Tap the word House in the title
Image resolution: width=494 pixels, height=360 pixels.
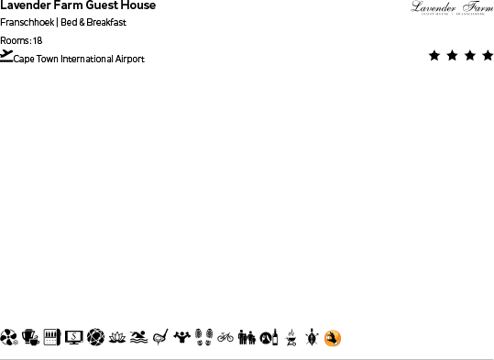[137, 5]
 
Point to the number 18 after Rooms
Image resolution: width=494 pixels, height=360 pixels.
[38, 40]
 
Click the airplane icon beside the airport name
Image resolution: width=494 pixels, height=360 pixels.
[7, 56]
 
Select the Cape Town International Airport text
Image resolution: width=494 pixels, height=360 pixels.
[79, 59]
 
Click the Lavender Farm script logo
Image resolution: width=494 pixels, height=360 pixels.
[452, 8]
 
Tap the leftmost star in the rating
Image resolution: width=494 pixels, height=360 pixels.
[434, 56]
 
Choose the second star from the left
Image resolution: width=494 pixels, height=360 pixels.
[452, 56]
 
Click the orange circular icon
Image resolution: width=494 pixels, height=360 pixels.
[333, 338]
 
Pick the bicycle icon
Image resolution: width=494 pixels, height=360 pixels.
[225, 337]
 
